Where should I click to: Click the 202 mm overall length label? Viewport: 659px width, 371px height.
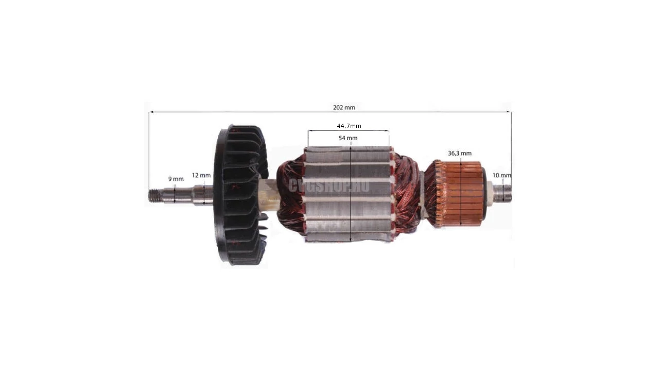tap(344, 108)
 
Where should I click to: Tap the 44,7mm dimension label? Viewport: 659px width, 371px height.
tap(349, 126)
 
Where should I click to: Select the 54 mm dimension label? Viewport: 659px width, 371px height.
tap(348, 138)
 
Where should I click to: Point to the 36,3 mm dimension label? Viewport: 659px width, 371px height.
tap(460, 153)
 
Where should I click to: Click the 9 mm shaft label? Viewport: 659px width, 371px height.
tap(176, 179)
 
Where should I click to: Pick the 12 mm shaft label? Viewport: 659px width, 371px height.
tap(201, 175)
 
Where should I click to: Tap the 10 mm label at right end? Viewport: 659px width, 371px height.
tap(502, 175)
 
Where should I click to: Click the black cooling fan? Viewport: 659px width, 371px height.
tap(240, 195)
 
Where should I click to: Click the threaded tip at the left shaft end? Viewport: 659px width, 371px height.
tap(155, 195)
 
